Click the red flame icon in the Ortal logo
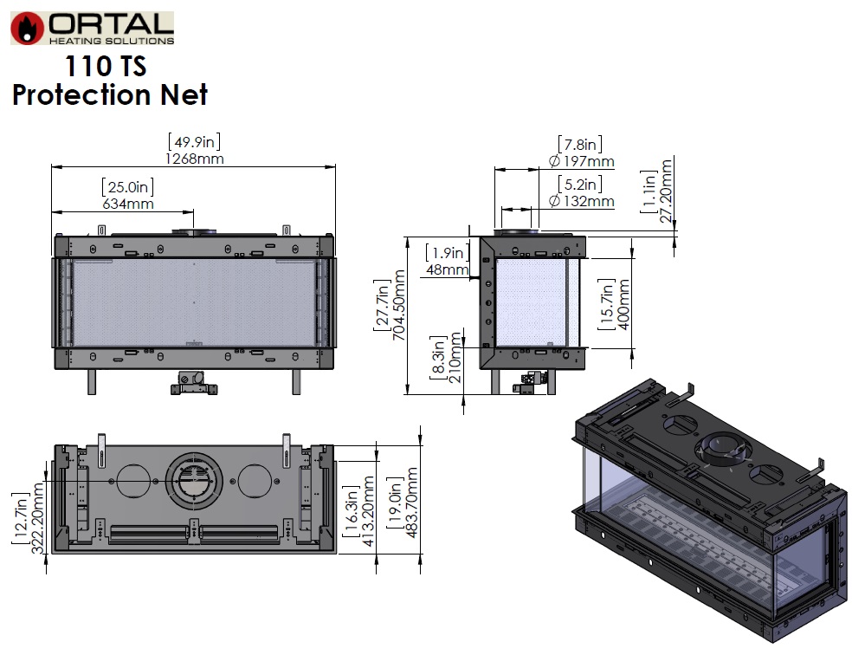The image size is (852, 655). [27, 29]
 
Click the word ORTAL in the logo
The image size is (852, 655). [112, 24]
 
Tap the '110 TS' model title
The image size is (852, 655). [106, 67]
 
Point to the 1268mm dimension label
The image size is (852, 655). [195, 159]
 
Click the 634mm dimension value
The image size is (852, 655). [128, 204]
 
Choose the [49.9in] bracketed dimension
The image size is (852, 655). [195, 142]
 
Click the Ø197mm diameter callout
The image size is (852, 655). [581, 161]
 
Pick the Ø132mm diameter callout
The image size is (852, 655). [581, 201]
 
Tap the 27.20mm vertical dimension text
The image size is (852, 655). [666, 191]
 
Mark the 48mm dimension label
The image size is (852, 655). [448, 269]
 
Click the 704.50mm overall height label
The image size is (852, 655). [399, 306]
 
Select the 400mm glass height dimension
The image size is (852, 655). [623, 304]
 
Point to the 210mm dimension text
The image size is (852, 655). [455, 357]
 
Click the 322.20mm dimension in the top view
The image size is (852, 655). [38, 518]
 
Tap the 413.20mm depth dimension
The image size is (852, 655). [368, 511]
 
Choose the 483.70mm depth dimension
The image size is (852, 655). [412, 503]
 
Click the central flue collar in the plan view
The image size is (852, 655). [194, 481]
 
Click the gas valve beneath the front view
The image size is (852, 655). [194, 383]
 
